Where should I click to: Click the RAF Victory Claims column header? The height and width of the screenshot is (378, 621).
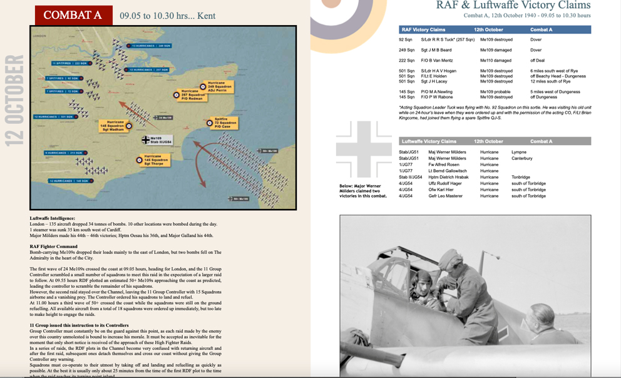click(423, 29)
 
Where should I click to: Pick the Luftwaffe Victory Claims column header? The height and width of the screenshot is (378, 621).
click(429, 141)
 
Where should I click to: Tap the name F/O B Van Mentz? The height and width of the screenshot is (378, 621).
click(438, 61)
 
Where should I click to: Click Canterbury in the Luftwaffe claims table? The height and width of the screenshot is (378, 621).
click(521, 158)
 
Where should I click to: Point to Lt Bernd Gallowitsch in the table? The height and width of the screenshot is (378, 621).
click(448, 171)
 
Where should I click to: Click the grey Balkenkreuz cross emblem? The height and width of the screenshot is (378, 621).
click(364, 148)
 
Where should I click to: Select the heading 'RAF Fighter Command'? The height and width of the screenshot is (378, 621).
click(53, 247)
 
